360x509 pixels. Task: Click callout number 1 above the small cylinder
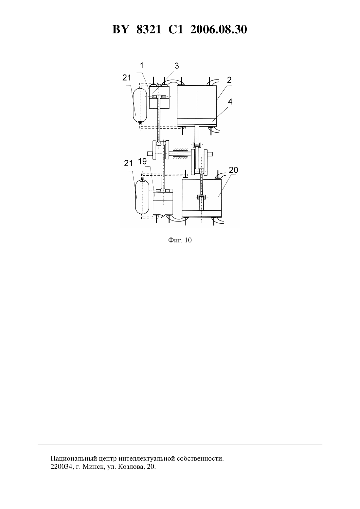[x=142, y=65]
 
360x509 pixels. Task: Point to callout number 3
[x=177, y=66]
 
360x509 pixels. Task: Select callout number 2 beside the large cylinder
[x=229, y=80]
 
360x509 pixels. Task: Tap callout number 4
[x=230, y=102]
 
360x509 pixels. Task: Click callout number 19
[x=142, y=161]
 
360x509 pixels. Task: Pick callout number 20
[x=233, y=170]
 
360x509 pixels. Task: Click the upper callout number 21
[x=127, y=78]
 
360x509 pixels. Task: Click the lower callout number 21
[x=128, y=163]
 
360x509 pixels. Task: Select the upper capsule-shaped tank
[x=140, y=105]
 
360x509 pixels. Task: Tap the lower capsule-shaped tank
[x=142, y=197]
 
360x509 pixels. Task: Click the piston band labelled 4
[x=197, y=121]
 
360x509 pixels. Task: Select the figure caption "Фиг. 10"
[x=180, y=240]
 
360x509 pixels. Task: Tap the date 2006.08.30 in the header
[x=218, y=29]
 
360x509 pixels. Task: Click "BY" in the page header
[x=120, y=29]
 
